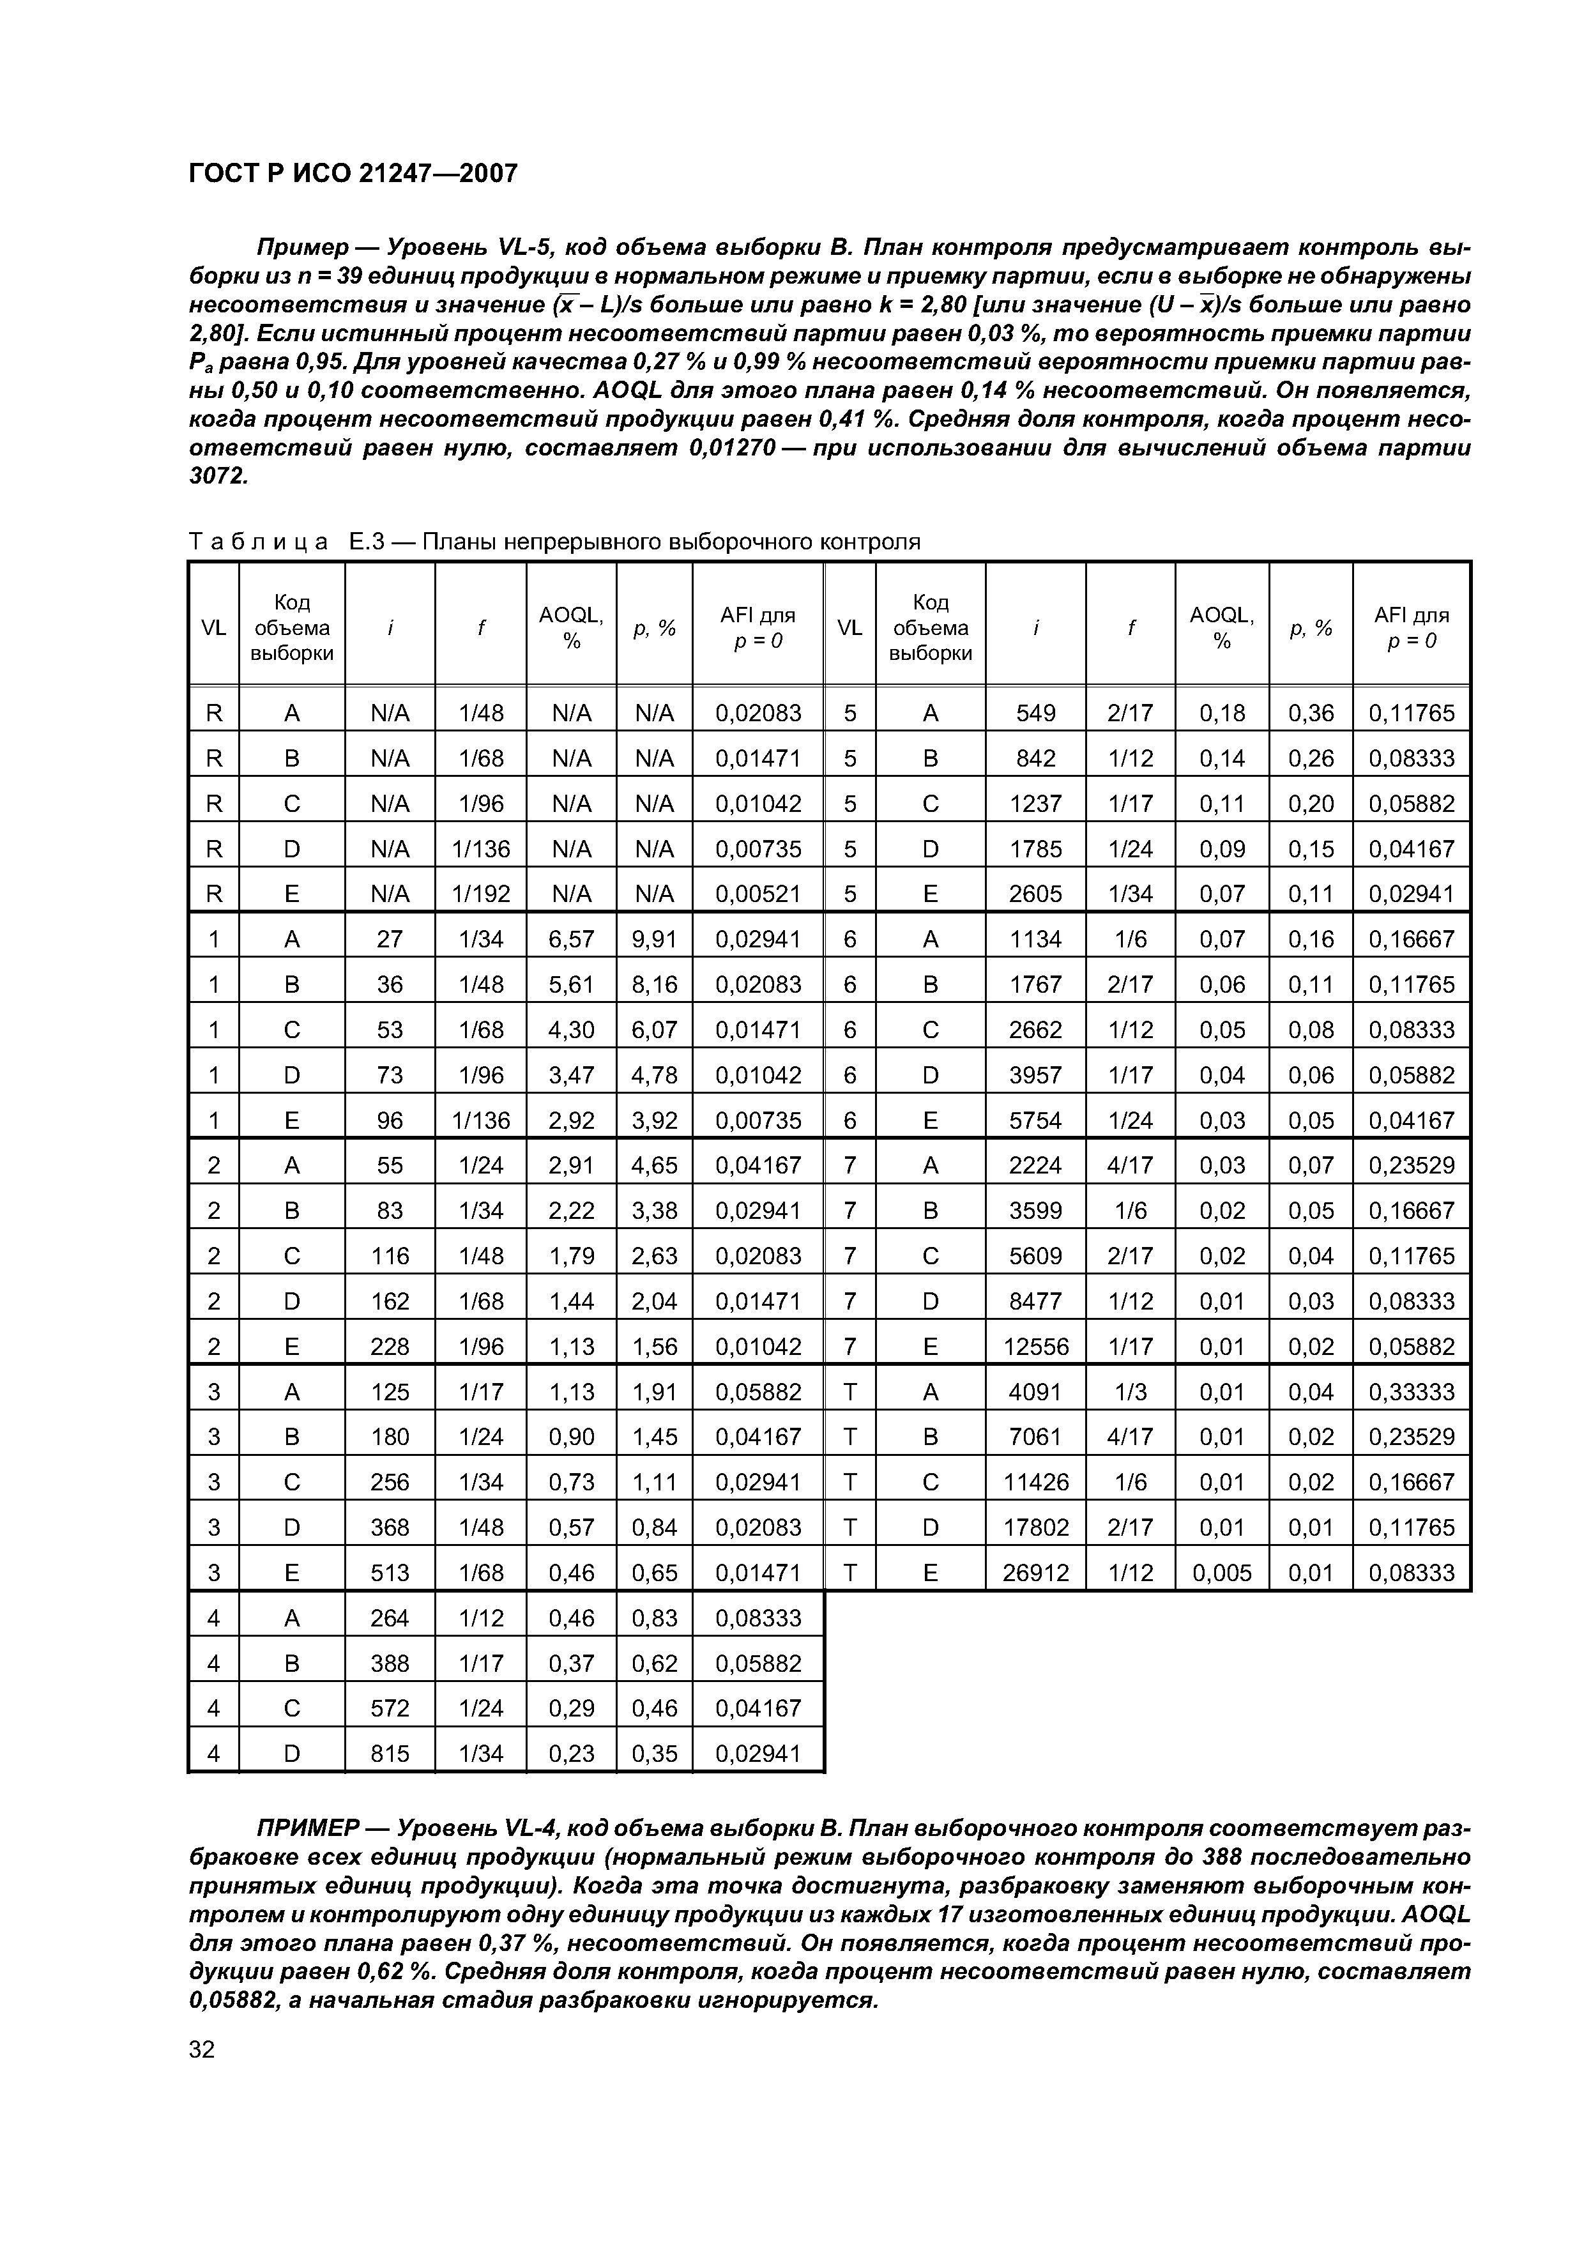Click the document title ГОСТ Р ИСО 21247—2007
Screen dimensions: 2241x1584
pyautogui.click(x=353, y=174)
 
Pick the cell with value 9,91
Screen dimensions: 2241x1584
pyautogui.click(x=654, y=939)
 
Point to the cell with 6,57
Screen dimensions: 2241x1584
pyautogui.click(x=571, y=939)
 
